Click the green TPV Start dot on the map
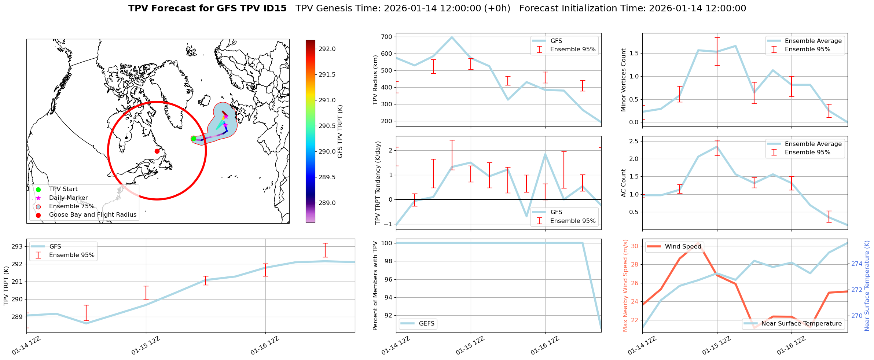pyautogui.click(x=194, y=139)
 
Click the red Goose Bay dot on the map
pyautogui.click(x=157, y=151)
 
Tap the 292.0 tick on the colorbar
pyautogui.click(x=327, y=49)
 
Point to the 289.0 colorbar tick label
pyautogui.click(x=327, y=203)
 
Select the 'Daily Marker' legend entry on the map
pyautogui.click(x=68, y=198)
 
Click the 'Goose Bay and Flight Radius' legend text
pyautogui.click(x=92, y=215)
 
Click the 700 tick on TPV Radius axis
pyautogui.click(x=387, y=37)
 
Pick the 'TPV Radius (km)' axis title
pyautogui.click(x=375, y=80)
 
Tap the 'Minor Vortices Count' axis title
pyautogui.click(x=623, y=80)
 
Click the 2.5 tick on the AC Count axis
pyautogui.click(x=634, y=141)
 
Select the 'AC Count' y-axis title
pyautogui.click(x=623, y=183)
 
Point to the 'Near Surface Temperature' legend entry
pyautogui.click(x=801, y=323)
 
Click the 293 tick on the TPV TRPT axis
pyautogui.click(x=17, y=246)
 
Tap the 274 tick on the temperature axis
pyautogui.click(x=857, y=264)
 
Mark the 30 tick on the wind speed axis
pyautogui.click(x=635, y=246)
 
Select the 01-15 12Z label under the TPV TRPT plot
pyautogui.click(x=146, y=346)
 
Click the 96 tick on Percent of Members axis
pyautogui.click(x=387, y=279)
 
